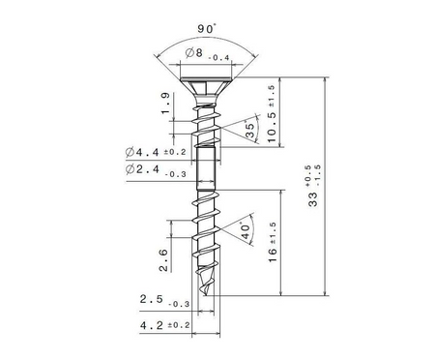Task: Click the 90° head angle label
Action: (x=207, y=29)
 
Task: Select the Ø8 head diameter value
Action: (x=194, y=53)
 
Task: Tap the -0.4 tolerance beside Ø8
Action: (x=219, y=58)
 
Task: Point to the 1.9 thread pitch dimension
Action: (x=165, y=104)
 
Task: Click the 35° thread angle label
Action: (x=249, y=130)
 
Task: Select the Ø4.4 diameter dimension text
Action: (x=142, y=152)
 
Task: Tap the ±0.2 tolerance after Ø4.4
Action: (x=175, y=152)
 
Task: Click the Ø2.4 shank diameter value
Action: (x=142, y=169)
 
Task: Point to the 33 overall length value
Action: (x=313, y=199)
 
